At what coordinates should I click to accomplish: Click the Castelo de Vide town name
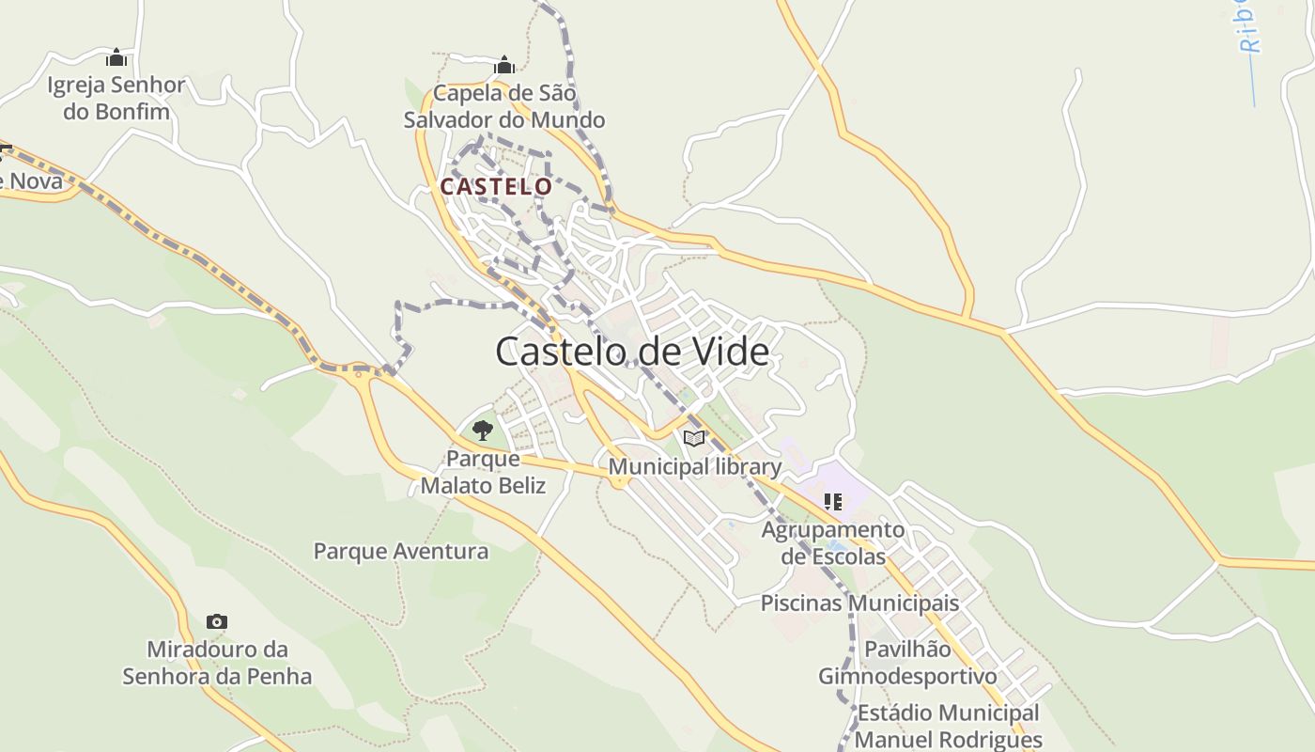631,352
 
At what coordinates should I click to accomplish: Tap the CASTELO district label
496,186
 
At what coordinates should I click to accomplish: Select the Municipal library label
695,466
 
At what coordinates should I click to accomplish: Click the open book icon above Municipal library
694,438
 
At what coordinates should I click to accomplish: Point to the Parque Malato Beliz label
483,472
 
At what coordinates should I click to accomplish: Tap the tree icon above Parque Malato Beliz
483,431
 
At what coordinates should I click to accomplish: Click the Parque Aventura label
401,551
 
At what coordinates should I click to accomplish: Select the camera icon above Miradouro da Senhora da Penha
217,621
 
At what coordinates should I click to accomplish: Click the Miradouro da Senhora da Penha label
217,663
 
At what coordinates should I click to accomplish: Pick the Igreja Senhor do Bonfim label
116,98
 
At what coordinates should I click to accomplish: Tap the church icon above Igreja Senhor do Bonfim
116,58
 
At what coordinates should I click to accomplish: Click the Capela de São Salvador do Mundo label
504,106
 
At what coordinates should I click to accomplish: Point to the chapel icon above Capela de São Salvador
504,65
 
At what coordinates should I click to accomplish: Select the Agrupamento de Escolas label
833,542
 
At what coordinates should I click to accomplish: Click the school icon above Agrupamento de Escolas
832,502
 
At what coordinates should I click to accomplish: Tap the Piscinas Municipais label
859,603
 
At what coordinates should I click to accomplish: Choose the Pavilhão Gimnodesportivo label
907,663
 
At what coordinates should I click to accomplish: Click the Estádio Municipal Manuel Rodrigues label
948,726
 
